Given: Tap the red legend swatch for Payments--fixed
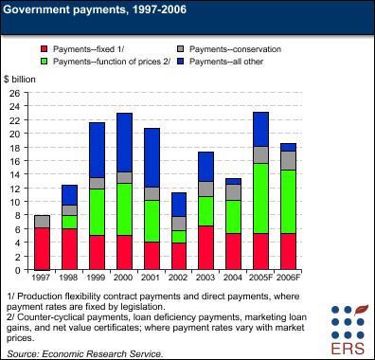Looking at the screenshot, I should pyautogui.click(x=44, y=47).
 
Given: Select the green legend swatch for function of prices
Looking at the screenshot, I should pyautogui.click(x=44, y=61).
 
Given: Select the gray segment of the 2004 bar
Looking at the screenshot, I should pyautogui.click(x=233, y=191).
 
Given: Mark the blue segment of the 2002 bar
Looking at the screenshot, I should pyautogui.click(x=178, y=204).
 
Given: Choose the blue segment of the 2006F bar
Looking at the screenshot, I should pyautogui.click(x=288, y=146).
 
